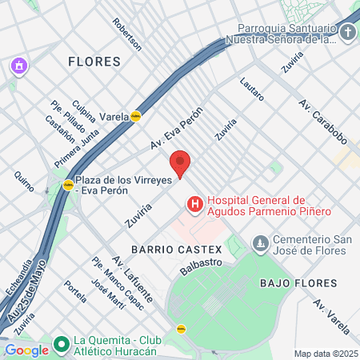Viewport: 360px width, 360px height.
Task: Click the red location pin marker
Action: coord(181,163)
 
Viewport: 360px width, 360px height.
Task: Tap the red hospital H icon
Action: coord(194,206)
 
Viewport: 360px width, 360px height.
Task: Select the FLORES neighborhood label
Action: coord(94,62)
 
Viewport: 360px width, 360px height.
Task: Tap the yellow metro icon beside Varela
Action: coord(137,116)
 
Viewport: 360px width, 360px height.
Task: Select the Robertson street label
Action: coord(126,34)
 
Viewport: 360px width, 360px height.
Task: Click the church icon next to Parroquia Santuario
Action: coord(347,32)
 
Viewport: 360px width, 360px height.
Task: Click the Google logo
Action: coord(26,350)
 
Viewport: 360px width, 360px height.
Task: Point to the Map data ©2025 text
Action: coord(325,354)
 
